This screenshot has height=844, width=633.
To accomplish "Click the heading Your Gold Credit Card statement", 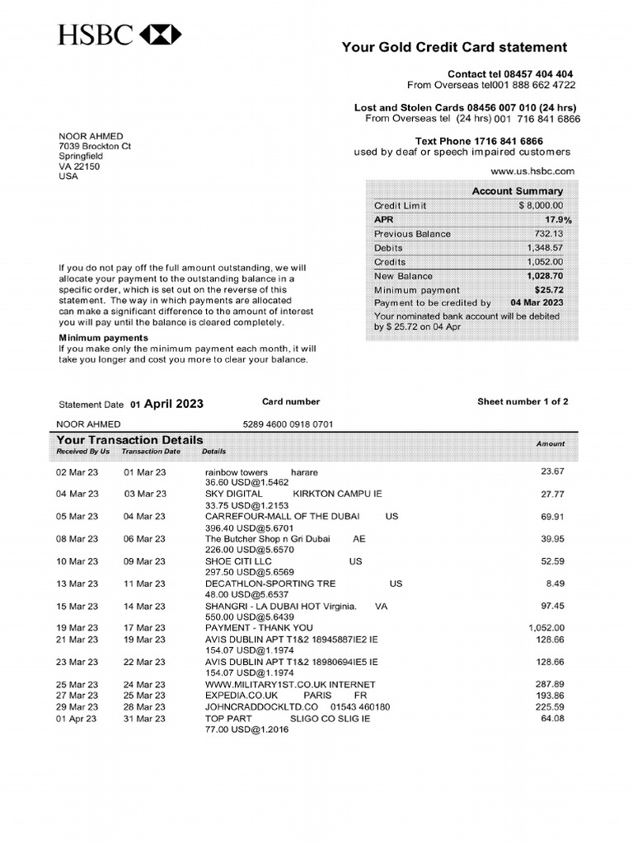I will [x=454, y=48].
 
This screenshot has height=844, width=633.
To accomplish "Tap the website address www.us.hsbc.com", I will [x=532, y=171].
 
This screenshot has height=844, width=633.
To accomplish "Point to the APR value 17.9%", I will [x=558, y=220].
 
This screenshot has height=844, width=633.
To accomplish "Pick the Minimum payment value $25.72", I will [x=548, y=290].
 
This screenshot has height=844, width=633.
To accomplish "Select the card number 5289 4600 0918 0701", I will [x=288, y=424].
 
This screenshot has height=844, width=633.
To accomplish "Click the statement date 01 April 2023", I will [x=166, y=404].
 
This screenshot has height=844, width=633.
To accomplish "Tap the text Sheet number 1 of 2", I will [x=523, y=402].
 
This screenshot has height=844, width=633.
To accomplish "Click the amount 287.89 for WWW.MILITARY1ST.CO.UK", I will [x=549, y=685].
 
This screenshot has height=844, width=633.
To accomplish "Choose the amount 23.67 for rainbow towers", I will [x=552, y=472].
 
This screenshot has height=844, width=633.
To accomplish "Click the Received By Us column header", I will [x=82, y=452].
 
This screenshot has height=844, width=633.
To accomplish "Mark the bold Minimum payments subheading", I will [x=103, y=338].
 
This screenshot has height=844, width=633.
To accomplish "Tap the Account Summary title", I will [x=517, y=191].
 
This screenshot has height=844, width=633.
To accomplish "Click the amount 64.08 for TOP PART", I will [x=552, y=719].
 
